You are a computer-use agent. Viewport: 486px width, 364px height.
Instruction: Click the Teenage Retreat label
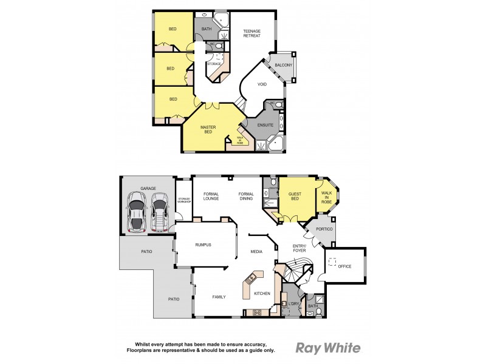pyautogui.click(x=252, y=33)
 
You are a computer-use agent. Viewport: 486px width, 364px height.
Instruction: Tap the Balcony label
pyautogui.click(x=284, y=65)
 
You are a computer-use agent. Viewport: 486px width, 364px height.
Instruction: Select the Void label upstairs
pyautogui.click(x=262, y=85)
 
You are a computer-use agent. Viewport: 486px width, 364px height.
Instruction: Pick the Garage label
pyautogui.click(x=148, y=189)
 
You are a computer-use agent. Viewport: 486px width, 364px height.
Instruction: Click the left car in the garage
pyautogui.click(x=137, y=213)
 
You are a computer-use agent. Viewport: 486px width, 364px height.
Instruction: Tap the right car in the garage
pyautogui.click(x=160, y=213)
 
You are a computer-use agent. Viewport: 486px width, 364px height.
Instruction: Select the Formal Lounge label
pyautogui.click(x=211, y=196)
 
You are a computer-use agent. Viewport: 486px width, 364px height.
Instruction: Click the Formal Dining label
pyautogui.click(x=246, y=196)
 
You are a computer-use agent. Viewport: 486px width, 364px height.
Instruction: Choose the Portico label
pyautogui.click(x=323, y=229)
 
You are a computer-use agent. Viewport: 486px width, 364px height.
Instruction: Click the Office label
pyautogui.click(x=345, y=266)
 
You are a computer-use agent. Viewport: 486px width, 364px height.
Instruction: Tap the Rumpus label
pyautogui.click(x=203, y=244)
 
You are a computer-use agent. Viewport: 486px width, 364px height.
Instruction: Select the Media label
pyautogui.click(x=257, y=251)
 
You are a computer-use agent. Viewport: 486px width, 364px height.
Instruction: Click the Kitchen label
pyautogui.click(x=262, y=294)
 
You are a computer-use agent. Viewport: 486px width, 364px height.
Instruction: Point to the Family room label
pyautogui.click(x=219, y=297)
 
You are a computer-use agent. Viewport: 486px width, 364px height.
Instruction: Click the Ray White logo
pyautogui.click(x=328, y=348)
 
